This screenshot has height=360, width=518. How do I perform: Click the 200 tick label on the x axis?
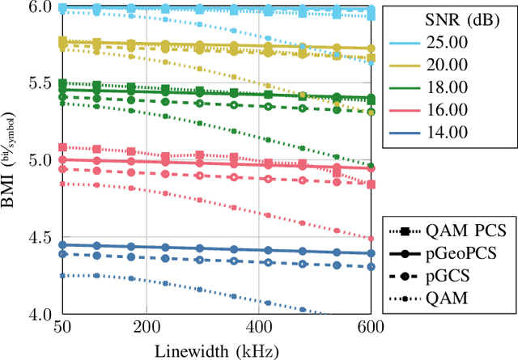coord(146,328)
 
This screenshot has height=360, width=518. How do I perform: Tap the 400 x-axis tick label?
coord(258,328)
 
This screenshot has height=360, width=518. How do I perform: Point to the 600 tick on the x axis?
coord(371,328)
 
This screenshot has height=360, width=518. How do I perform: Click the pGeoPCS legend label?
coord(467,253)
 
